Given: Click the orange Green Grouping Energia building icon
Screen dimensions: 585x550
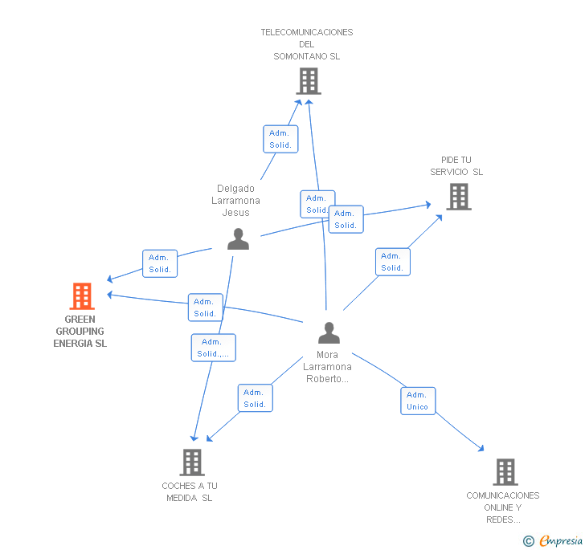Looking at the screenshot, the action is point(82,296).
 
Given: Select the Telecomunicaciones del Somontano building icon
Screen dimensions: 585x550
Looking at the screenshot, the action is point(309,81).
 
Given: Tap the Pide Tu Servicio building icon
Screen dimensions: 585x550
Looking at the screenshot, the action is point(459,197).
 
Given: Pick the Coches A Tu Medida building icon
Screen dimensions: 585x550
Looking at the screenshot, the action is point(192,462).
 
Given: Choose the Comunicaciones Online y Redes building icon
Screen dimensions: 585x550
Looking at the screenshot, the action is point(505,472).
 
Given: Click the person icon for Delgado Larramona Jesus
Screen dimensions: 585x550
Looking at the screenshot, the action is point(238,239).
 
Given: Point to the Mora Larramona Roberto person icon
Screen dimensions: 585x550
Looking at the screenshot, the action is point(329,332).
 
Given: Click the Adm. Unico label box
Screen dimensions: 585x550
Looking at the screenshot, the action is point(418,401).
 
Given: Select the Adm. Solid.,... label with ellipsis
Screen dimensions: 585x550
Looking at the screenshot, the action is point(214,348).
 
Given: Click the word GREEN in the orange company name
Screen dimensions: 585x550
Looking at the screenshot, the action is point(80,320).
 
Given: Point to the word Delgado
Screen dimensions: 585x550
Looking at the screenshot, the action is point(235,189).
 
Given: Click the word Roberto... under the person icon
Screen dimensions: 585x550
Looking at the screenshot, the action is point(327,379).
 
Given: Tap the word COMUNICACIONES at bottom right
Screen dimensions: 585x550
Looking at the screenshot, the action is point(503,495).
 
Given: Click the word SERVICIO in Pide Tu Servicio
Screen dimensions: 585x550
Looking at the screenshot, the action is point(449,172).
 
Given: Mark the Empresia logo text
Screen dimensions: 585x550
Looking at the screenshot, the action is point(561,540).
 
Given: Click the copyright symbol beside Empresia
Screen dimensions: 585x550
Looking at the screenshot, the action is point(528,541).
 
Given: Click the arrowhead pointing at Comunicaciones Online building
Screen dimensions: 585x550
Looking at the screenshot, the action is point(481,449).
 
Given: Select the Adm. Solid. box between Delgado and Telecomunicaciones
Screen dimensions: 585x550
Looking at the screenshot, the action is point(280,139).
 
